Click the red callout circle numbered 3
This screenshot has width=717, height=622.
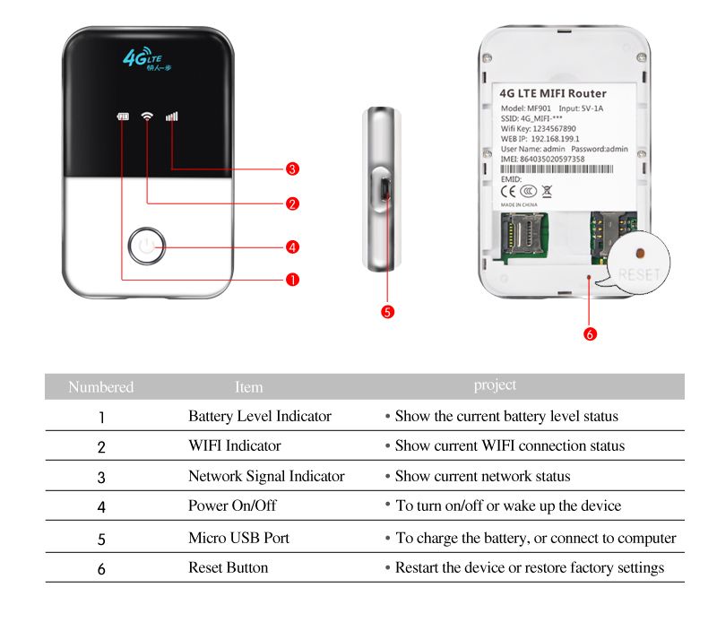tap(292, 168)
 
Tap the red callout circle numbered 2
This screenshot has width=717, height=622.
tap(292, 204)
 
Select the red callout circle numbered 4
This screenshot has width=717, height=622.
tap(292, 246)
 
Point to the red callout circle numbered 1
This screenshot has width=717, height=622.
tap(292, 280)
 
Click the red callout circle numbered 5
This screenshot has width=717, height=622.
tap(387, 312)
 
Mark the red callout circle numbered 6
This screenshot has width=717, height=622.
tap(590, 333)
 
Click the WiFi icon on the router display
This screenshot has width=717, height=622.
tap(147, 117)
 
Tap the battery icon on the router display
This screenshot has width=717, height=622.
tap(123, 117)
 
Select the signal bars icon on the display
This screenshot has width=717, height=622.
tap(172, 117)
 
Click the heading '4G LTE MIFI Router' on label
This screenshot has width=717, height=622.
tap(552, 93)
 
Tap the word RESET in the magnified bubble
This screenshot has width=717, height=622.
tap(638, 273)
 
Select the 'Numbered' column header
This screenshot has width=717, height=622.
tap(101, 387)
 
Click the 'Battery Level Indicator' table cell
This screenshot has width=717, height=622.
tap(260, 417)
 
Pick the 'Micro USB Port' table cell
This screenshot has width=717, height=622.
tap(238, 538)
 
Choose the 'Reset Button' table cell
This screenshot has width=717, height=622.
tap(228, 567)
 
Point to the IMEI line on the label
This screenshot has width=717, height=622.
tap(541, 159)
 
